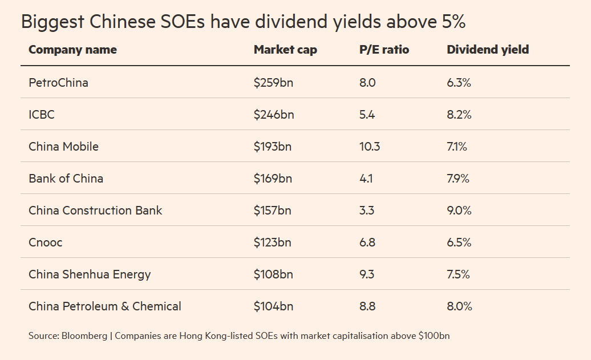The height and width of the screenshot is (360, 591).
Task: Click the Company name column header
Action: (x=72, y=50)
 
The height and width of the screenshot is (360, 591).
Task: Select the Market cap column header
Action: (x=285, y=50)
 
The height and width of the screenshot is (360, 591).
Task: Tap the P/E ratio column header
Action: (x=384, y=50)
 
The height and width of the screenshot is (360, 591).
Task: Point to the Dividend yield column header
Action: (x=488, y=50)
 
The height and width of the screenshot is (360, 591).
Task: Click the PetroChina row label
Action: (x=58, y=83)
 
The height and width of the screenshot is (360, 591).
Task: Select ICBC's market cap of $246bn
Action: (x=274, y=115)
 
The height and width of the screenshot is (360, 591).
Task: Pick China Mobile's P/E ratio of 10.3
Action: (x=370, y=147)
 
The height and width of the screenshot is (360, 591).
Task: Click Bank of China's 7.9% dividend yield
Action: (x=458, y=179)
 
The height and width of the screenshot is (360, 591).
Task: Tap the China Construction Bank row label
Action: (x=95, y=211)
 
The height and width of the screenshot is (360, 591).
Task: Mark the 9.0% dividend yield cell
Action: (x=459, y=211)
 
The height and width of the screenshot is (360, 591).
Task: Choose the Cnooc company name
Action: (x=46, y=242)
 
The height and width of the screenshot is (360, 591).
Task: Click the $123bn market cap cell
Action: (x=273, y=242)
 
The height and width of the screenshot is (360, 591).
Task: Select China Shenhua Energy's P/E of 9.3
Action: (x=367, y=274)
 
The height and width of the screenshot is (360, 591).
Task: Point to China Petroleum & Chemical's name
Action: (x=105, y=306)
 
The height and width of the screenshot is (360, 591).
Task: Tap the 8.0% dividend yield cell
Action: (x=459, y=306)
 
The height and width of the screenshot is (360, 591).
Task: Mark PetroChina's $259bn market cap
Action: (x=273, y=83)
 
